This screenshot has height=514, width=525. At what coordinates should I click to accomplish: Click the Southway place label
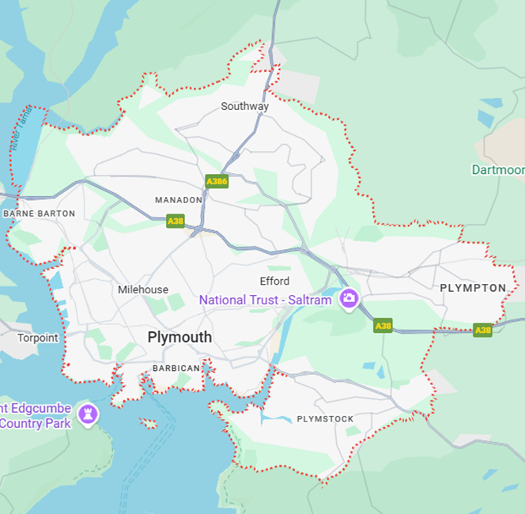coord(244,106)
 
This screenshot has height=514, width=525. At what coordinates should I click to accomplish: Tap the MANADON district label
coord(179,200)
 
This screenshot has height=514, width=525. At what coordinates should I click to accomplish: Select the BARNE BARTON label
coord(40,214)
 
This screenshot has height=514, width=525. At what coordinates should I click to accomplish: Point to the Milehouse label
coord(143,289)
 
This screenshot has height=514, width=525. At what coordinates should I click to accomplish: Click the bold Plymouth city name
coord(179,337)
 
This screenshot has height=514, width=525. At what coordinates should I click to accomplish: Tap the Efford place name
coord(274,281)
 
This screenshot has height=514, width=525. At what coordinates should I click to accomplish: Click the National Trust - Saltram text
coord(265,300)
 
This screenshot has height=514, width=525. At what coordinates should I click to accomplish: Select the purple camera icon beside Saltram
coord(348,299)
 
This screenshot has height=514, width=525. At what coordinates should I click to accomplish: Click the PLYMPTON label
coord(472,288)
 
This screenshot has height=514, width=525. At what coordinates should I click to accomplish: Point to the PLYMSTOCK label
coord(325,419)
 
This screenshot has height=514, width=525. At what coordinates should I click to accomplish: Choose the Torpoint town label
coord(38,338)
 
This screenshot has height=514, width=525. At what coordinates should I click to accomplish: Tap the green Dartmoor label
coord(498,170)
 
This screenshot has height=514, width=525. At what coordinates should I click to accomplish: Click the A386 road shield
coord(217,181)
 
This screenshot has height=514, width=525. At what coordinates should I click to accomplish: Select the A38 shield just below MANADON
coord(176,221)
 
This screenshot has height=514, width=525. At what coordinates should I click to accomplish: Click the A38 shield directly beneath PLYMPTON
coord(482,330)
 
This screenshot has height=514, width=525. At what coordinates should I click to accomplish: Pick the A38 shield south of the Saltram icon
coord(383,325)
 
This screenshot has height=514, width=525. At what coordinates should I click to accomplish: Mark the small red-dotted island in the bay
coord(148,424)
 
